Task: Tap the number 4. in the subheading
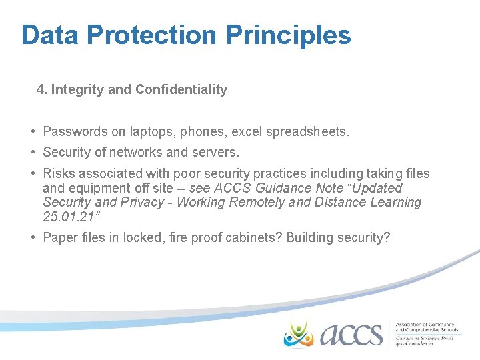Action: pyautogui.click(x=42, y=89)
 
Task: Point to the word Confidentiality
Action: pyautogui.click(x=181, y=89)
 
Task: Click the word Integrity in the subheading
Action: pyautogui.click(x=77, y=89)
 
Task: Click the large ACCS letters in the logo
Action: pyautogui.click(x=351, y=334)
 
